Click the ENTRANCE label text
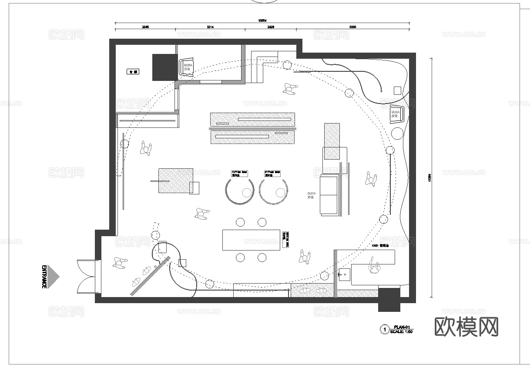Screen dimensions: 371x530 (44, 276)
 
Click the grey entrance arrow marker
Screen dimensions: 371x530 (54, 276)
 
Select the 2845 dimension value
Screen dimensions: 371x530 (145, 27)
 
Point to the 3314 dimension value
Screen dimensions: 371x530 (210, 27)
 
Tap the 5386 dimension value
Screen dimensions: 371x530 (353, 27)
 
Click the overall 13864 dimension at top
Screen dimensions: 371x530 (262, 20)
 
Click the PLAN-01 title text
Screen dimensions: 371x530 (402, 327)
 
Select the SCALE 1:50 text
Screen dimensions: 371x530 (401, 331)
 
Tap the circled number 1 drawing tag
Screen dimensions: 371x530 (384, 329)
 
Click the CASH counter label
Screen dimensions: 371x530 (382, 245)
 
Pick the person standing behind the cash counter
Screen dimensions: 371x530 (374, 266)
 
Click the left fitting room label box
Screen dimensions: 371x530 (239, 173)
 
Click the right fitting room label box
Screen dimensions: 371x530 (272, 173)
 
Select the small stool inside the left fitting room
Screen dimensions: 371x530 (247, 192)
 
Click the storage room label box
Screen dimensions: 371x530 (133, 71)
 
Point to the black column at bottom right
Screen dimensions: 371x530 (389, 300)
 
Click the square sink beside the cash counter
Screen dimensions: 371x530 (344, 275)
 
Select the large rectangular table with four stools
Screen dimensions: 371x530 (251, 240)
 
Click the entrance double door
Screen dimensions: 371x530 (89, 277)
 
